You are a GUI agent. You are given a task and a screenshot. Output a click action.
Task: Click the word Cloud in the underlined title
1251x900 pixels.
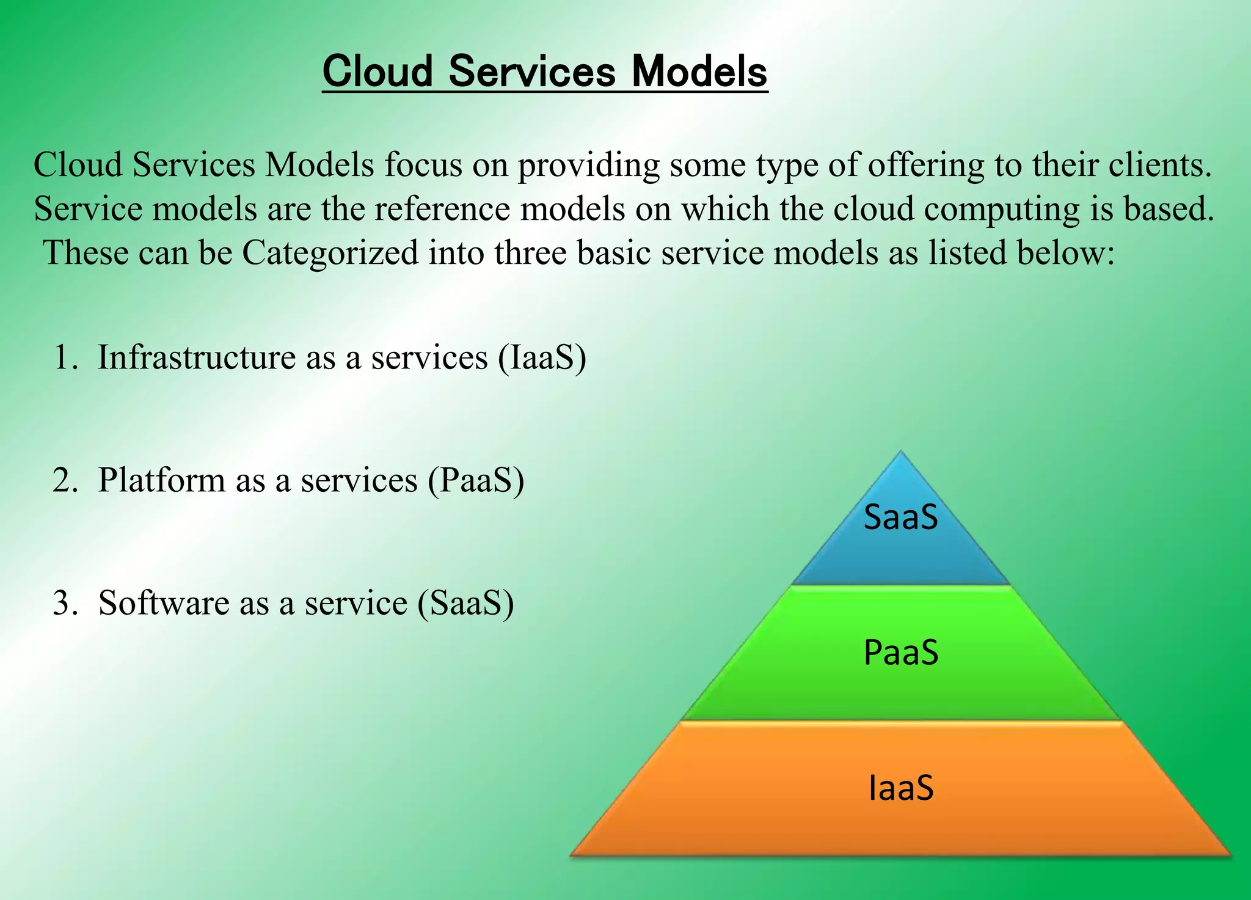(377, 72)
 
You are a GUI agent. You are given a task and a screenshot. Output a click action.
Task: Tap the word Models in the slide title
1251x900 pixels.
(699, 72)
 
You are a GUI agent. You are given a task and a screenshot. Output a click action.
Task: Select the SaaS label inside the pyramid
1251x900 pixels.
(900, 518)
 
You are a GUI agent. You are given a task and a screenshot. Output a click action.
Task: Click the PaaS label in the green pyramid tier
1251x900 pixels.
(900, 653)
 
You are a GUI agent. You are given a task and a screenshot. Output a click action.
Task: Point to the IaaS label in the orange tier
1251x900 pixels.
(900, 788)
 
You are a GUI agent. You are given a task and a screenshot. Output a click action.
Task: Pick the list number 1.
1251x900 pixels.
(65, 357)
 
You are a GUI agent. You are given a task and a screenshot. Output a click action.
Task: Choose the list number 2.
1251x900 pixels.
(65, 480)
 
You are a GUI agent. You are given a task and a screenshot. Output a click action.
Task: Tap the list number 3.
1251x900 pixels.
(65, 603)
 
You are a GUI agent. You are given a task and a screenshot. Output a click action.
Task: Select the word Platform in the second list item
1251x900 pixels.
(162, 480)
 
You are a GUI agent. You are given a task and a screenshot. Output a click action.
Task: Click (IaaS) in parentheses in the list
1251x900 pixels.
(542, 357)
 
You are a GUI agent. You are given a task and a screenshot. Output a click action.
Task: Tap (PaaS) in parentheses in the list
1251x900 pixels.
(475, 480)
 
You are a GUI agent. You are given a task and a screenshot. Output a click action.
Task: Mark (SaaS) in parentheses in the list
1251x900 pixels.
(465, 603)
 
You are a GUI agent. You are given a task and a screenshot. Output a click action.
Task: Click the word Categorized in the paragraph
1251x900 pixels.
(330, 252)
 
